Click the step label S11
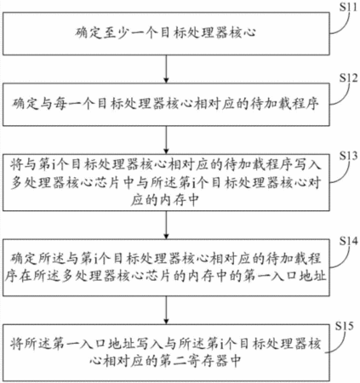(348, 7)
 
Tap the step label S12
(349, 77)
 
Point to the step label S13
(349, 156)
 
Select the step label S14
(349, 241)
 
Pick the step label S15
(345, 326)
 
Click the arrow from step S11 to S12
(166, 69)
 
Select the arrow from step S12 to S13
(166, 140)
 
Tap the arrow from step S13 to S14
(166, 225)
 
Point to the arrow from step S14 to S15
(166, 310)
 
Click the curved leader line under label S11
(341, 25)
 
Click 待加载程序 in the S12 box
(284, 104)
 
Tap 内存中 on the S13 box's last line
(180, 200)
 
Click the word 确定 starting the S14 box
(24, 258)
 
